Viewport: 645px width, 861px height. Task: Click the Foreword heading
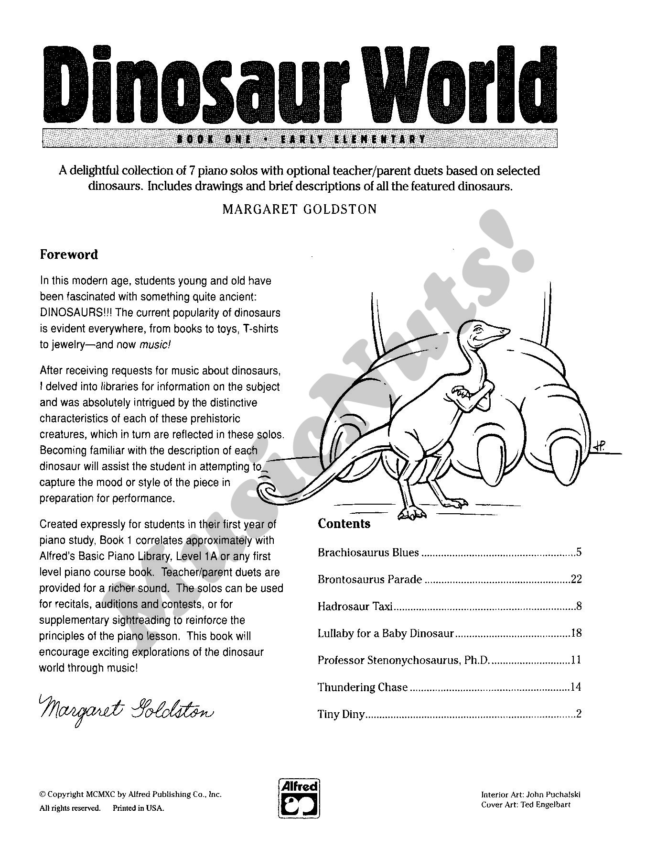69,254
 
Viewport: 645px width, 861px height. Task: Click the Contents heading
344,523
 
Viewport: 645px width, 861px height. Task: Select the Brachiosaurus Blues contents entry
368,552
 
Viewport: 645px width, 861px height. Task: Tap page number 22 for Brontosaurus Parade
576,579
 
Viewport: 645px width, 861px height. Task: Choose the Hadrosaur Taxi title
355,607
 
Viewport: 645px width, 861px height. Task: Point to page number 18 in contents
576,633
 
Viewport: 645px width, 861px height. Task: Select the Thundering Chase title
363,687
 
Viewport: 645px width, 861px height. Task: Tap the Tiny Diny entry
341,714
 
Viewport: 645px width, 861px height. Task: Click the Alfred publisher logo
299,797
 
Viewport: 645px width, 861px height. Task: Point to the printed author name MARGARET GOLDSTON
300,209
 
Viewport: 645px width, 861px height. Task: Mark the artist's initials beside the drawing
599,446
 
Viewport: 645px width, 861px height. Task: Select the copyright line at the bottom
130,795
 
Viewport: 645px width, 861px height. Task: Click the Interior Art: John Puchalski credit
530,795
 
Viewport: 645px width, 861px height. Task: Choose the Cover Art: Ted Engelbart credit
526,805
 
